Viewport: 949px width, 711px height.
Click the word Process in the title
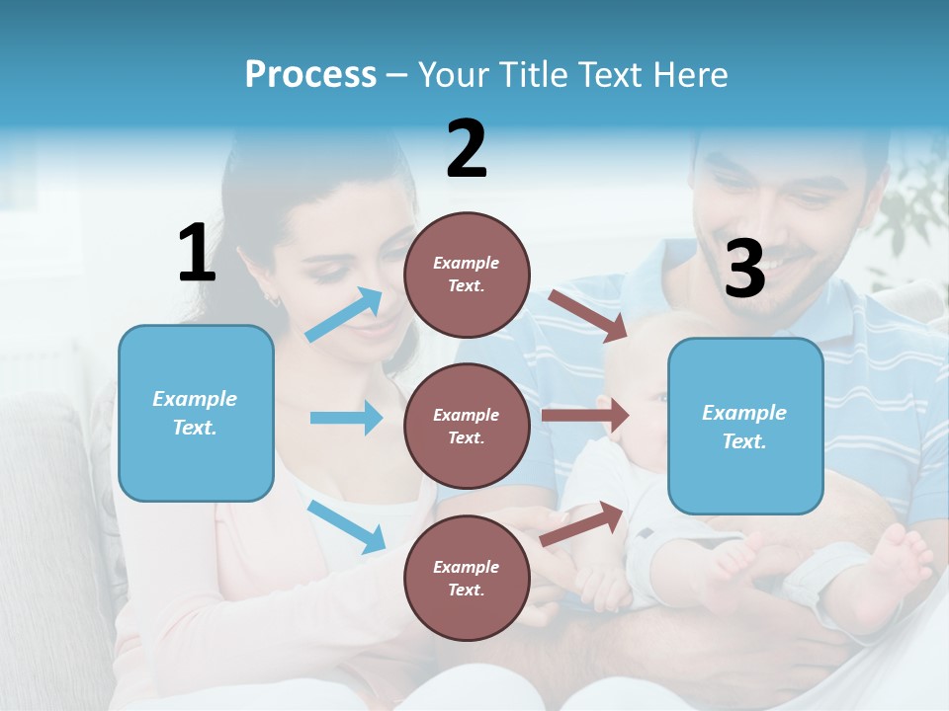click(310, 74)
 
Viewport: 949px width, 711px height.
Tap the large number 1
click(197, 253)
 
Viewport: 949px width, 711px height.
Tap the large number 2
click(467, 149)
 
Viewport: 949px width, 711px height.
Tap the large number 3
click(744, 269)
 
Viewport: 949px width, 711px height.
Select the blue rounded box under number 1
click(196, 413)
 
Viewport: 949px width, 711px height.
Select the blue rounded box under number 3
click(745, 426)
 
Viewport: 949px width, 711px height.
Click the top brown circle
click(467, 275)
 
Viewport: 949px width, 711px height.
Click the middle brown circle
click(467, 426)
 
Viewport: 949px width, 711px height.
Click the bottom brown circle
click(467, 578)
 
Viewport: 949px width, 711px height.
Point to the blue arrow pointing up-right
click(345, 314)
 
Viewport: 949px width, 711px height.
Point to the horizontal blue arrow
click(346, 418)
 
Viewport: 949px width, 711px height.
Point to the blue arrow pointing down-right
click(346, 526)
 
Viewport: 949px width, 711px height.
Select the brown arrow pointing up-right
click(583, 523)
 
